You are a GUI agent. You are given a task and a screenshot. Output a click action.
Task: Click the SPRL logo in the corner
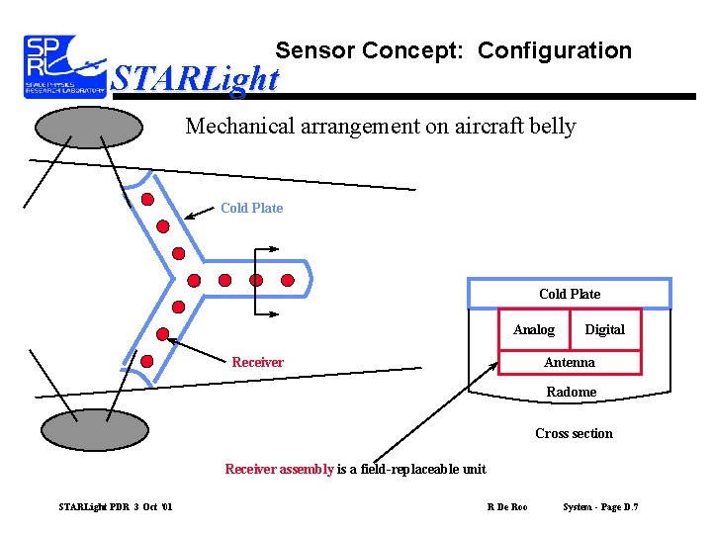click(x=64, y=66)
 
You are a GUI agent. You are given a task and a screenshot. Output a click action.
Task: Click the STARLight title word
click(x=196, y=78)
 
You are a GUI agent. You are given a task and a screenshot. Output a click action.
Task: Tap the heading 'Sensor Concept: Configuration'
click(x=453, y=50)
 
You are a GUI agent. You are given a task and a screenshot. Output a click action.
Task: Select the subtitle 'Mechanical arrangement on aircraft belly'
click(x=381, y=127)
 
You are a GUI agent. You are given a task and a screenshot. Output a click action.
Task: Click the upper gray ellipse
click(x=89, y=128)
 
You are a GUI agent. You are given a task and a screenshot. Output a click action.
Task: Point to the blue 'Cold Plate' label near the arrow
click(x=251, y=208)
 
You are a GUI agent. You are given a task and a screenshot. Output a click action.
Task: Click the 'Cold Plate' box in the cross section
click(x=570, y=294)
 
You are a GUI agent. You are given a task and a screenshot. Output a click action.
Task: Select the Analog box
click(x=534, y=329)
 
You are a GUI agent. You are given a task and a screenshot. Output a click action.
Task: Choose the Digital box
click(x=604, y=329)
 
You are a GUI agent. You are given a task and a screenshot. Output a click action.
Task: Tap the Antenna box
click(x=570, y=362)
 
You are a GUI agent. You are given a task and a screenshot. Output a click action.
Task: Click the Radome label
click(x=572, y=392)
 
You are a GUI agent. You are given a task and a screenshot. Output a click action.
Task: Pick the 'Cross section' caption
click(x=574, y=433)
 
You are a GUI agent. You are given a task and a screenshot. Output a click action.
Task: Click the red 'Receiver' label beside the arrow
click(x=257, y=362)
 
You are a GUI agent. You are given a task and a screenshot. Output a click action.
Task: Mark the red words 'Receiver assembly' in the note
click(x=279, y=469)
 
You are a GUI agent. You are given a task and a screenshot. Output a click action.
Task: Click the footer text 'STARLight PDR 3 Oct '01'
click(x=116, y=507)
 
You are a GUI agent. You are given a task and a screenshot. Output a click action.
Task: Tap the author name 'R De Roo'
click(x=507, y=507)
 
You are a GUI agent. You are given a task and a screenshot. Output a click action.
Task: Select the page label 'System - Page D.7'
click(x=600, y=507)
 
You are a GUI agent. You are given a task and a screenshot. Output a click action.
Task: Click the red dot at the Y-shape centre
click(x=195, y=280)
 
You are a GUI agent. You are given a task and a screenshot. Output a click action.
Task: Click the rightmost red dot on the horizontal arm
click(x=288, y=280)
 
